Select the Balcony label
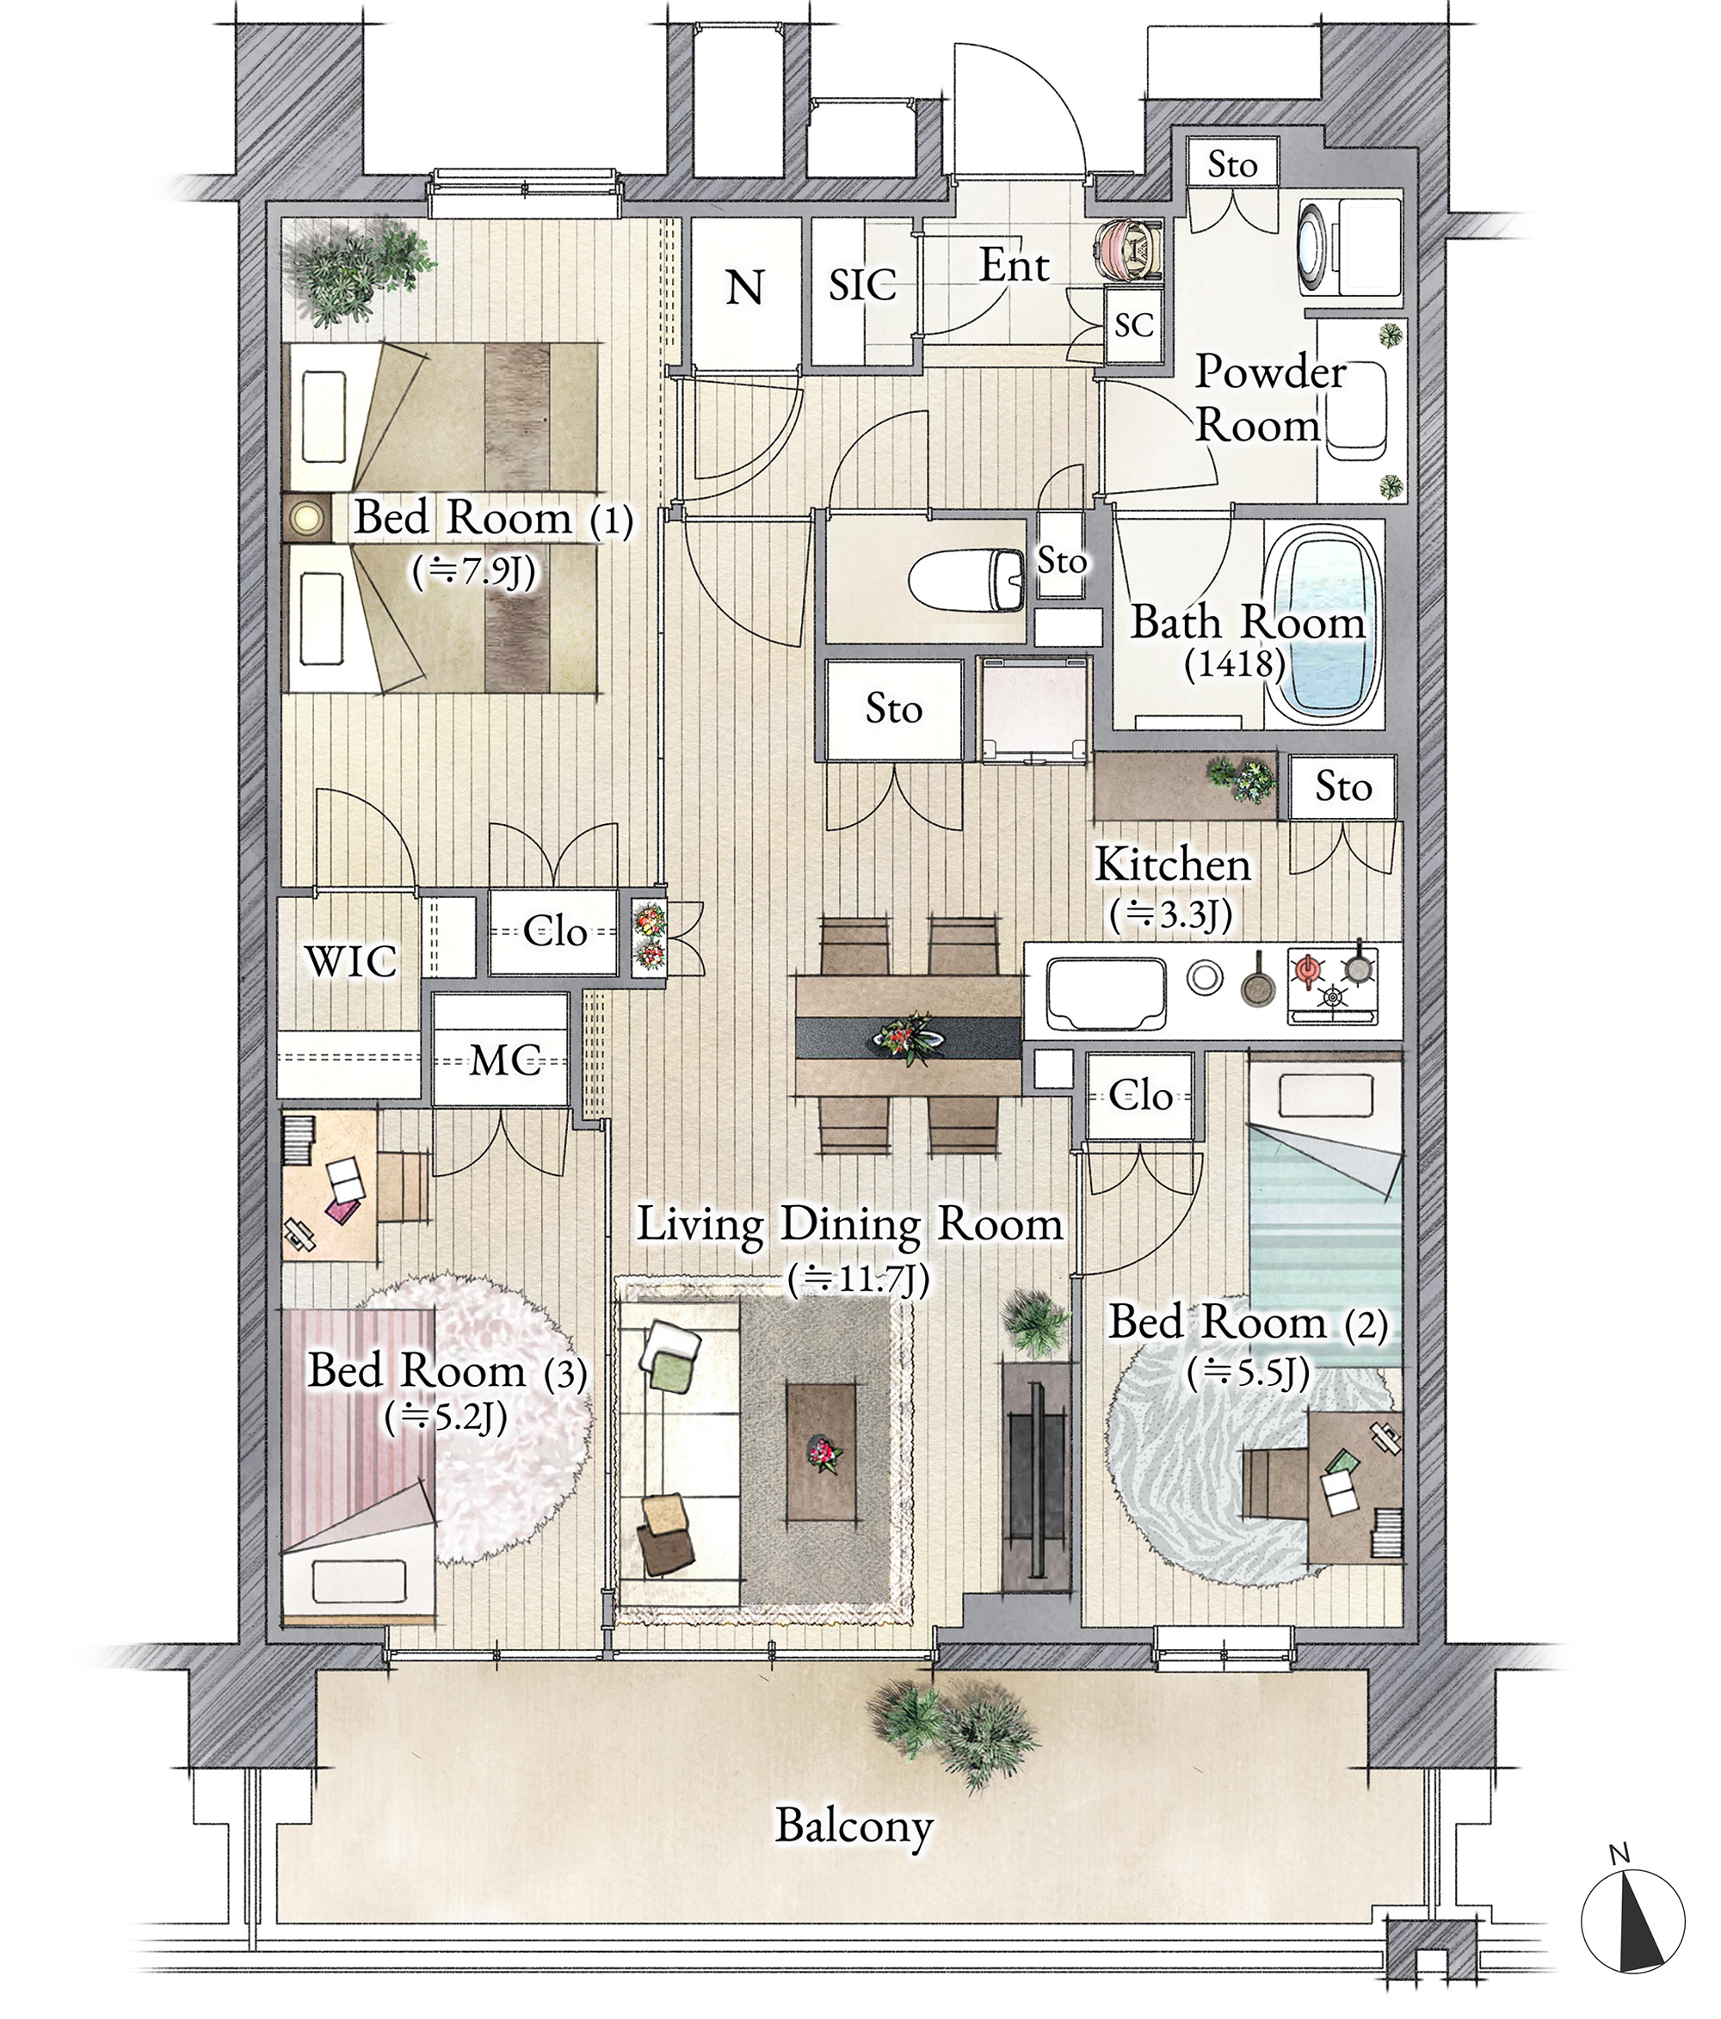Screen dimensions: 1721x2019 point(854,1826)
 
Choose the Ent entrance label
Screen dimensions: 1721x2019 point(1014,266)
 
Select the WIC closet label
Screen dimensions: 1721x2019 point(351,962)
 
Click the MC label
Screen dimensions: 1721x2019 point(505,1060)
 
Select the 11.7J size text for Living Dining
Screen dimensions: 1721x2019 point(858,1280)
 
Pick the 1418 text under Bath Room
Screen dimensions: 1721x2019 point(1235,665)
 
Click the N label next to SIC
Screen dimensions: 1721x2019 point(745,287)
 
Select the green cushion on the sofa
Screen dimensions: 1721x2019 point(670,1371)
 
